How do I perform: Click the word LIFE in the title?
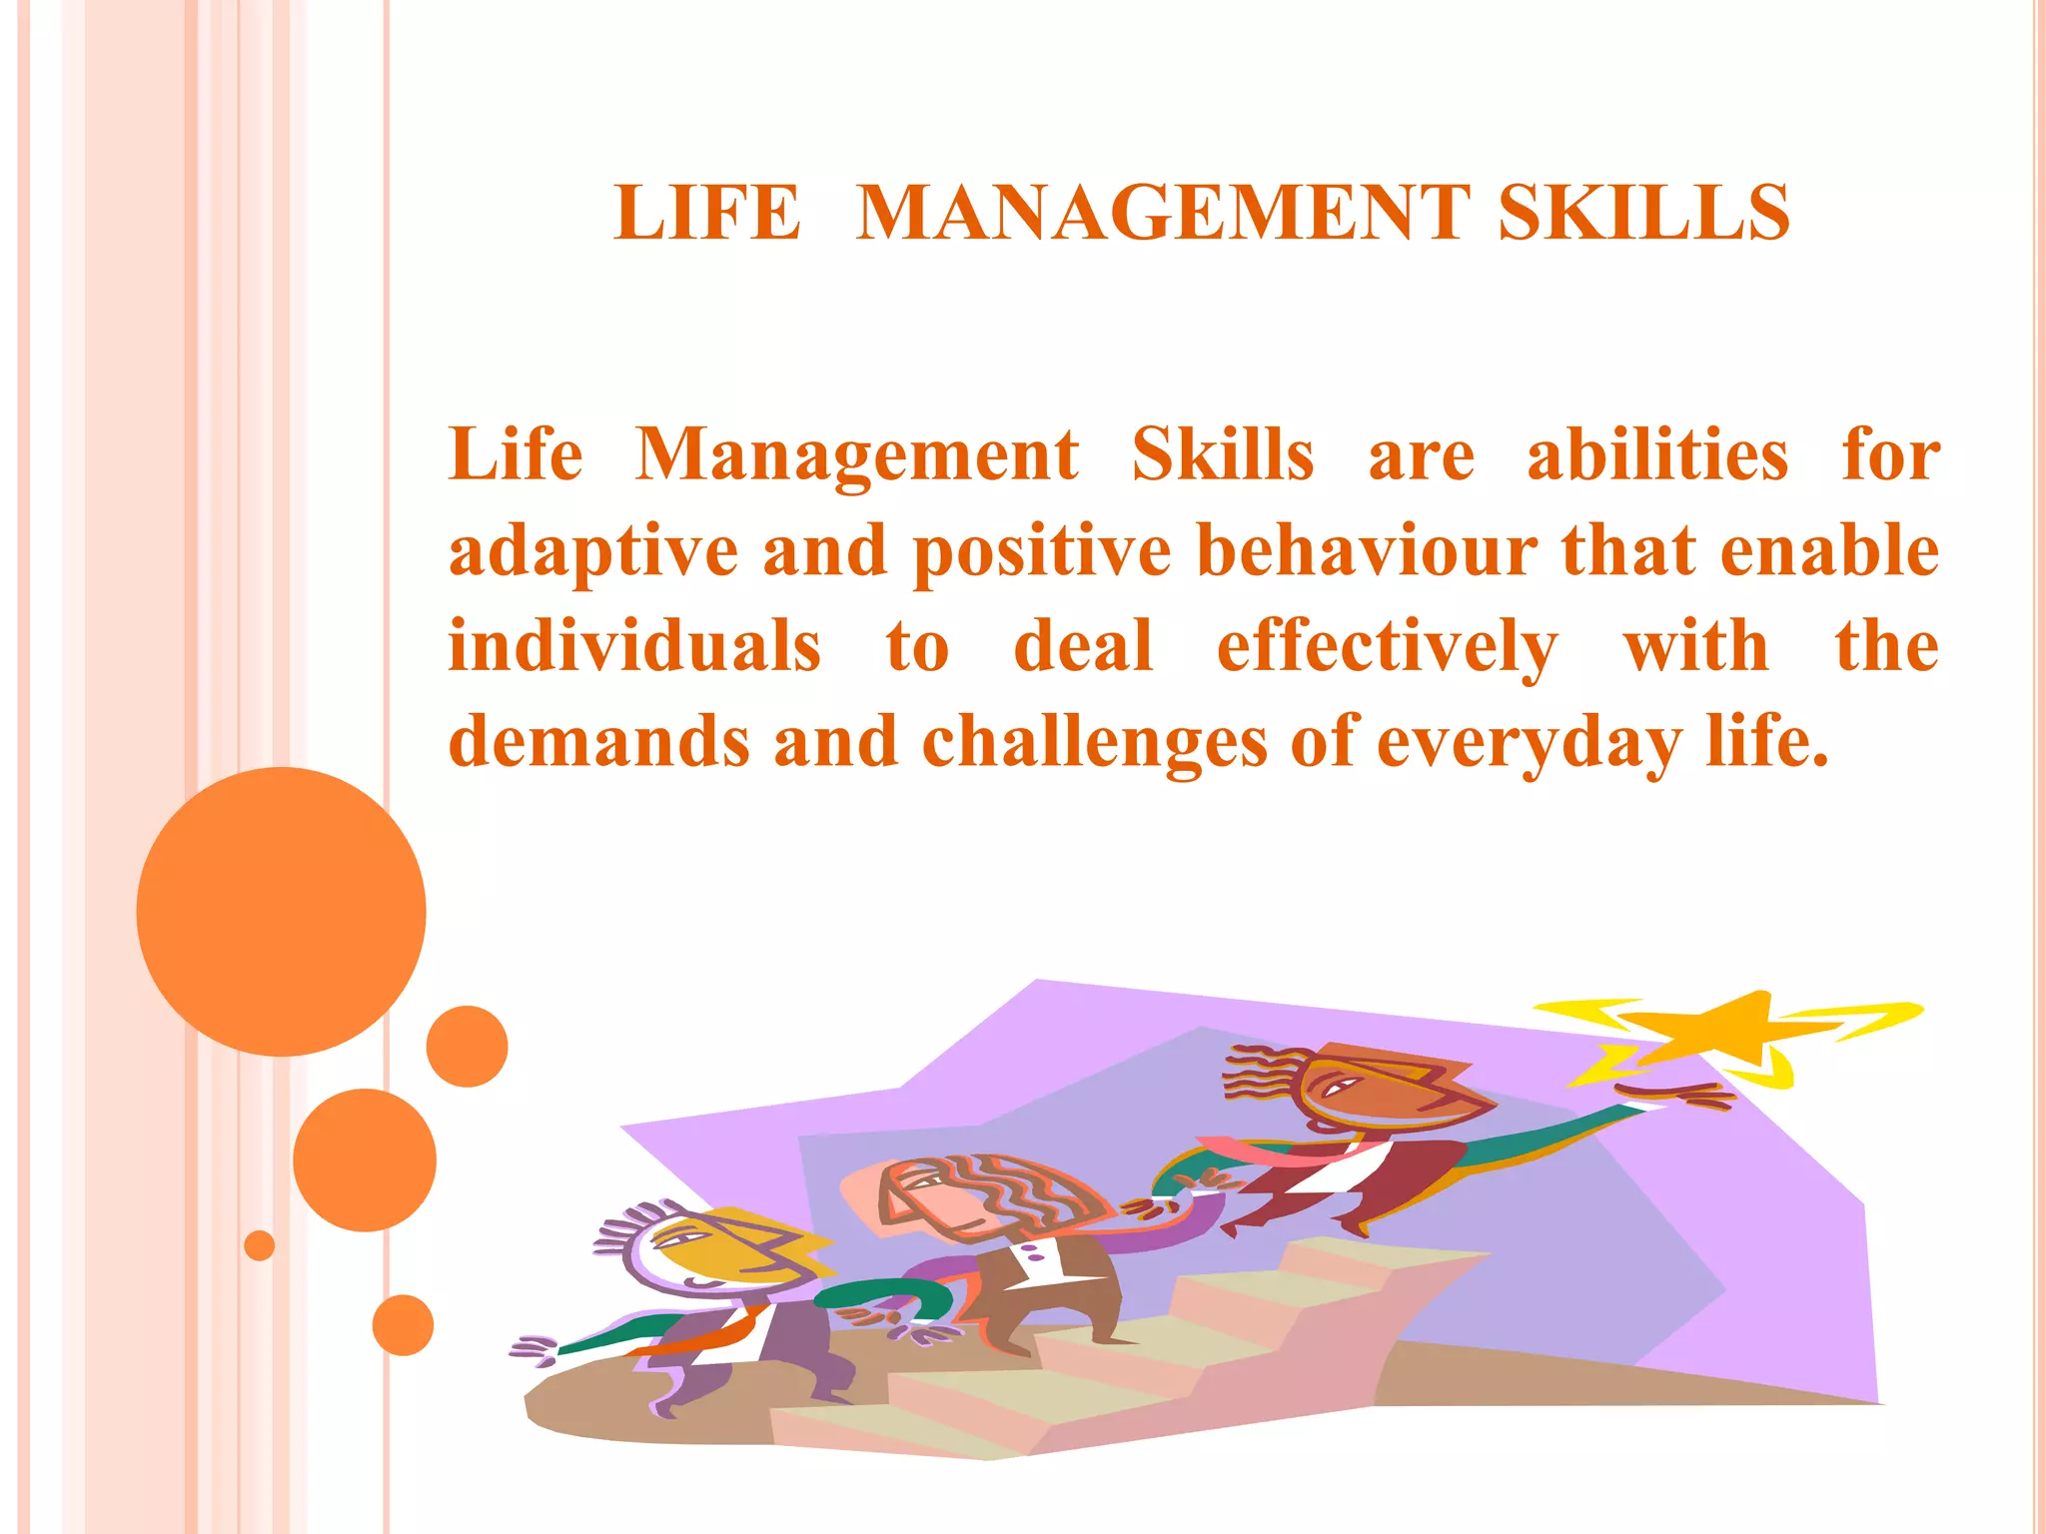[707, 213]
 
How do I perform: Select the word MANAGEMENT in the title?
[1163, 213]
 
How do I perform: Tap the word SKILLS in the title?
[1643, 213]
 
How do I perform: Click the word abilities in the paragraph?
[1657, 455]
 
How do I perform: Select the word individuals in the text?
[634, 646]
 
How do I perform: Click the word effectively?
[1387, 648]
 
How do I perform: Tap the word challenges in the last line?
[1093, 744]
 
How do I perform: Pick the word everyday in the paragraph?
[1529, 744]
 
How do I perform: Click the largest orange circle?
[281, 911]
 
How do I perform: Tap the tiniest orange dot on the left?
[259, 1245]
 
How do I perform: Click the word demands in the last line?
[599, 742]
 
